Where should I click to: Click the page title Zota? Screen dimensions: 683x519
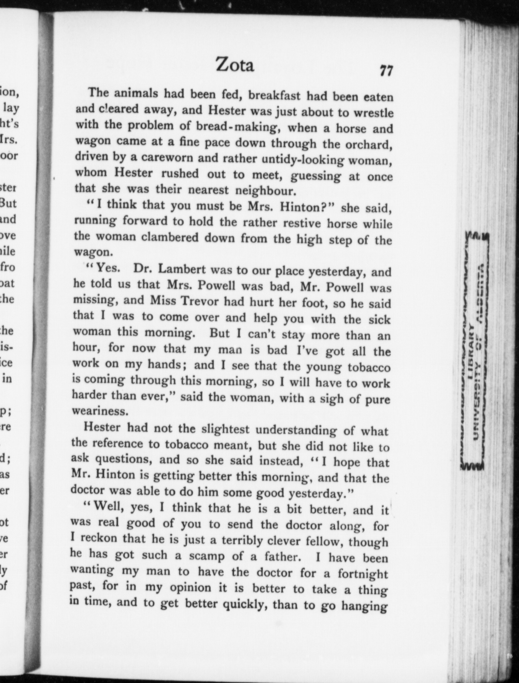pos(235,65)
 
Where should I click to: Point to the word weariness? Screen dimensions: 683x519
pos(100,411)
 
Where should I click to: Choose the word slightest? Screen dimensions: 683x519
pos(226,429)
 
